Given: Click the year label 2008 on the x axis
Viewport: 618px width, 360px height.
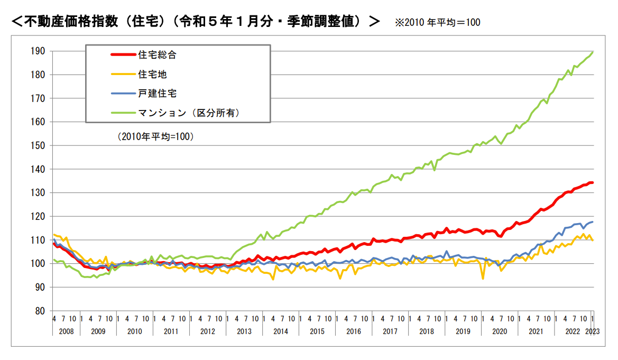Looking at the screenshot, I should pos(62,332).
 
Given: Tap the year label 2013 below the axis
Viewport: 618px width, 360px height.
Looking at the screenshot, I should pos(244,332).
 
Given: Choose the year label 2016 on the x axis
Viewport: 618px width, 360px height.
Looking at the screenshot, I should pos(353,332).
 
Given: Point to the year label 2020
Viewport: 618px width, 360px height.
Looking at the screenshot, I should pos(499,332).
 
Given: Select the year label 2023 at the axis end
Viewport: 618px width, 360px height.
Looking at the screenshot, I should pos(592,332).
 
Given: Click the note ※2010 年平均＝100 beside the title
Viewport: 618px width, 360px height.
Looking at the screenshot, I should pos(437,23).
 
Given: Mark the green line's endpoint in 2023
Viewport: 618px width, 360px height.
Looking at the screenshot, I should pos(593,52).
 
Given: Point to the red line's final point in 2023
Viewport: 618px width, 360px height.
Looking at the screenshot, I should pos(593,182).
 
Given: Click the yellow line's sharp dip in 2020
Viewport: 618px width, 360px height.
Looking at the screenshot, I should pos(483,278).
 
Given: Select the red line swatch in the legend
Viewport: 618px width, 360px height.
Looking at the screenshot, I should pos(123,55).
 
